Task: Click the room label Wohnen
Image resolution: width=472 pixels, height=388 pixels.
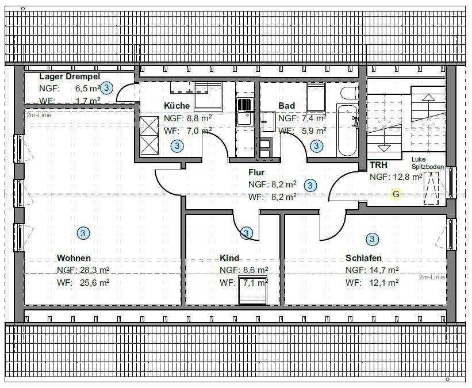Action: tap(74, 258)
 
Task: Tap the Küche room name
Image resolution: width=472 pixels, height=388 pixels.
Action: tap(176, 106)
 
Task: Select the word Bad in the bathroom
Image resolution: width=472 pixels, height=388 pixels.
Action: tap(286, 106)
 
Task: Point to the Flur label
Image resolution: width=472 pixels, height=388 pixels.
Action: tap(256, 172)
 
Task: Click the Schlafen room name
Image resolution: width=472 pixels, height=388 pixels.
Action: tap(364, 258)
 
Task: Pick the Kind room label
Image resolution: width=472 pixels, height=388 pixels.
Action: tap(229, 258)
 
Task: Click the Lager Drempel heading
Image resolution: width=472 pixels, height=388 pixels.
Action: tap(70, 76)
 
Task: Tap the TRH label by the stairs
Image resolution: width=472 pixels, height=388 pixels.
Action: tap(378, 164)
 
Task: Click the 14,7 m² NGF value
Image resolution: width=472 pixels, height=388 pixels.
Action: tap(384, 270)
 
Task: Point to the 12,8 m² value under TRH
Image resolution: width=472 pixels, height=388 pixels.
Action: tap(408, 177)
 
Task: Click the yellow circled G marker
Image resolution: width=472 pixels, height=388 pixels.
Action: tap(396, 194)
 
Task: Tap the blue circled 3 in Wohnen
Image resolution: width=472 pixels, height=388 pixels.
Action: tap(83, 233)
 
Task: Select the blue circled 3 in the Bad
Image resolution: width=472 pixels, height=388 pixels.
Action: tap(316, 146)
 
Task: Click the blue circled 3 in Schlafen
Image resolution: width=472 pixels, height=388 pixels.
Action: tap(372, 239)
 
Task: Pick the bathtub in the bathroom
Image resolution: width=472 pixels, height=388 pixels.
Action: tap(347, 130)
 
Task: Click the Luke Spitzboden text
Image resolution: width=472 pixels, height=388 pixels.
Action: tap(428, 163)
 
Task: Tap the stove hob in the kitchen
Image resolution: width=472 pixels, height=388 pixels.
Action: tap(244, 105)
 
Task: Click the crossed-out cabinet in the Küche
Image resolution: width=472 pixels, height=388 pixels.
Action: tap(149, 135)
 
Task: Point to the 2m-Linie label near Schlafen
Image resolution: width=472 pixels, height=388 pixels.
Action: tap(432, 277)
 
